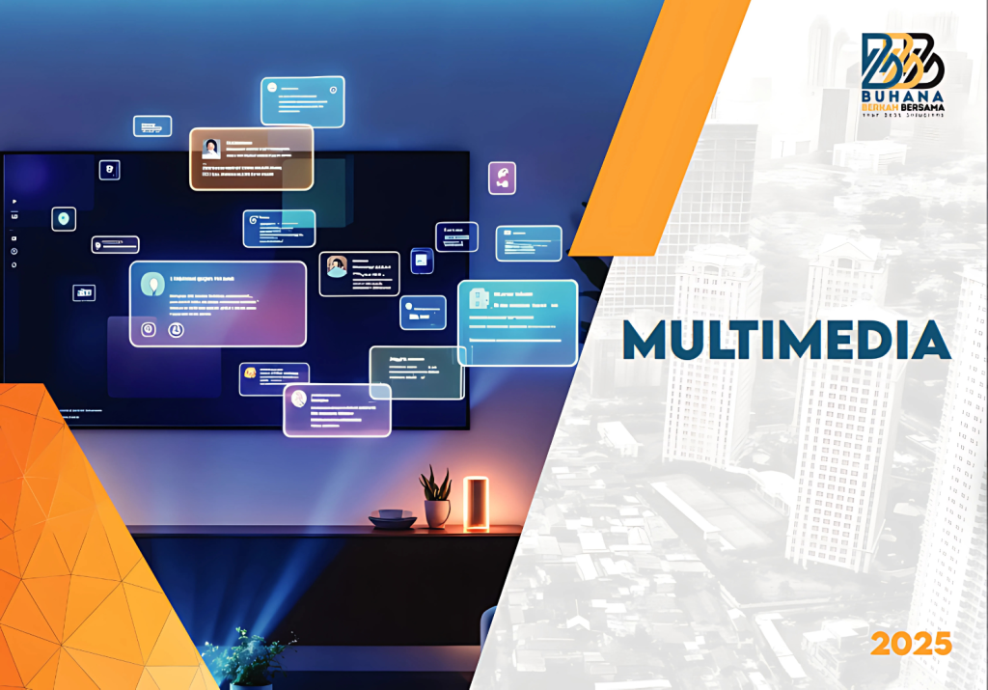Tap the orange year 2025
point(910,644)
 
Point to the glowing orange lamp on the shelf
point(476,503)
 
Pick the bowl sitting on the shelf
point(392,518)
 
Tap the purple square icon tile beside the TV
point(502,178)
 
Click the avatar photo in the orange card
point(210,149)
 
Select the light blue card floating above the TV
point(302,101)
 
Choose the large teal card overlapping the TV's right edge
point(517,322)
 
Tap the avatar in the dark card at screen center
point(337,266)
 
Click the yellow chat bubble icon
point(251,373)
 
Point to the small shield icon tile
point(110,170)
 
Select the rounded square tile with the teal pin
point(64,219)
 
